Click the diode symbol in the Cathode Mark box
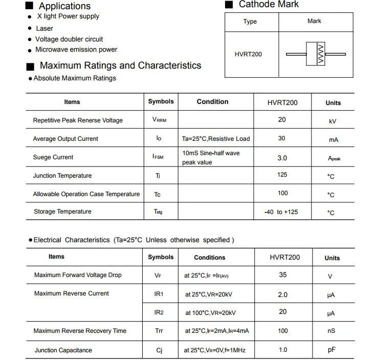[x=316, y=54]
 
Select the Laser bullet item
[x=45, y=28]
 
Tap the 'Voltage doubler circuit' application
[x=69, y=39]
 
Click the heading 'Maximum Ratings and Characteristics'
[x=120, y=66]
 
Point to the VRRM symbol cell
[x=160, y=120]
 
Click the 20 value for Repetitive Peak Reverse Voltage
[x=282, y=119]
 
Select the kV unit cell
[x=332, y=121]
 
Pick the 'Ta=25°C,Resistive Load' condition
[x=216, y=139]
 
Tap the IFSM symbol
[x=158, y=157]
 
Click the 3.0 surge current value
[x=282, y=158]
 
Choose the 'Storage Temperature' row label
[x=62, y=211]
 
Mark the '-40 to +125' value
[x=281, y=212]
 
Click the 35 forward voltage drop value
[x=283, y=275]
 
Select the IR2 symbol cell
[x=159, y=312]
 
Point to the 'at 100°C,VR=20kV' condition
[x=210, y=312]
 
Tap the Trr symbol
[x=159, y=331]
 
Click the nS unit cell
[x=331, y=331]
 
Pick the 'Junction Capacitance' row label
[x=63, y=350]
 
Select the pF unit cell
[x=331, y=350]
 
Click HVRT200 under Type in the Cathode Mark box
[x=249, y=54]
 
